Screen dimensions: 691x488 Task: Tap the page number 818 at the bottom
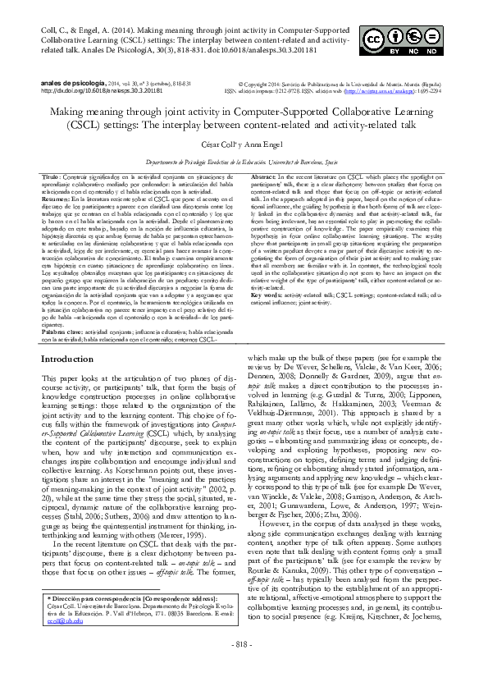tap(244, 666)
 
